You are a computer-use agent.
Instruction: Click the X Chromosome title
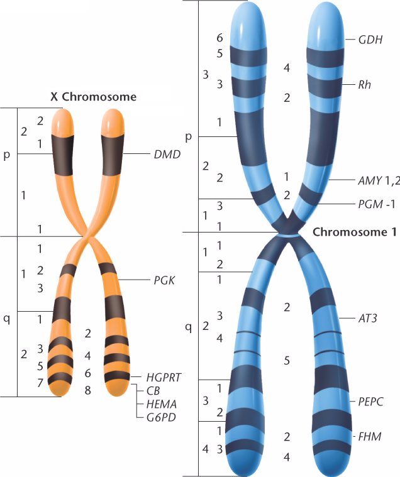pos(94,97)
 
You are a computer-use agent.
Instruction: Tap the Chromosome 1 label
pos(355,232)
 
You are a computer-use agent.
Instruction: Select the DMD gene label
pos(167,154)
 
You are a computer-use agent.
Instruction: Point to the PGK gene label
pos(164,280)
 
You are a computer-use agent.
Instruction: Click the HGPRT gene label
pos(164,378)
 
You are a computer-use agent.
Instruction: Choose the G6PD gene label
pos(162,417)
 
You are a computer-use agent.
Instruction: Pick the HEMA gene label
pos(162,404)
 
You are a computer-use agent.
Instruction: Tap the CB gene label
pos(153,391)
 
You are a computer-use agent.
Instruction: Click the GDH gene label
pos(370,40)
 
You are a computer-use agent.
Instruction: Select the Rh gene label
pos(365,84)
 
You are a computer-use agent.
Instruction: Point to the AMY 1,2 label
pos(379,181)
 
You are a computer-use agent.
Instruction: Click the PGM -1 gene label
pos(377,204)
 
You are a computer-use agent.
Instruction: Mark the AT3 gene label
pos(368,319)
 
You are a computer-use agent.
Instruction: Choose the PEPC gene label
pos(370,402)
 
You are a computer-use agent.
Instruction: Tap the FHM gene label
pos(370,437)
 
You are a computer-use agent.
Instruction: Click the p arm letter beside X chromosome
pos(6,155)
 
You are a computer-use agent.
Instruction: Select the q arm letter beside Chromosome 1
pos(189,327)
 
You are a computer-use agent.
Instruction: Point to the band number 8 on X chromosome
pos(87,390)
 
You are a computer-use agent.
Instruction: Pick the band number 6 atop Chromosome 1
pos(219,38)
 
